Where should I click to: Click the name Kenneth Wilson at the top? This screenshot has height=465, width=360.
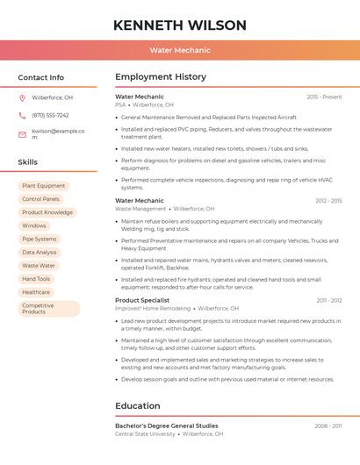(x=179, y=25)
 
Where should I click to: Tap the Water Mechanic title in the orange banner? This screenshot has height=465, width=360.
(x=179, y=51)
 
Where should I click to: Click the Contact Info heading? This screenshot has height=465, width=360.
(x=40, y=77)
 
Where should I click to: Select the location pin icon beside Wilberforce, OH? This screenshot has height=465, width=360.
(x=22, y=97)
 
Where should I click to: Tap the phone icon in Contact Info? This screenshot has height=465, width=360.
(x=22, y=115)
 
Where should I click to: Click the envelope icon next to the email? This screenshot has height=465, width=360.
(x=22, y=134)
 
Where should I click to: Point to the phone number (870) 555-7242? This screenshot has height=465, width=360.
(x=50, y=115)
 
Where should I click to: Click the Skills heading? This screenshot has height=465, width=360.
(x=28, y=161)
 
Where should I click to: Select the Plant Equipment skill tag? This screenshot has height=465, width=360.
(x=43, y=186)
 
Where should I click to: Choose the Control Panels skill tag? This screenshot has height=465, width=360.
(x=40, y=199)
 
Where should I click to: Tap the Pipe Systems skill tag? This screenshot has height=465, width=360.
(x=40, y=239)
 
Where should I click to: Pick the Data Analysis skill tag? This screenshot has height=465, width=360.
(x=40, y=252)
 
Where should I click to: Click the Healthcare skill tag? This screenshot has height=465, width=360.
(x=36, y=292)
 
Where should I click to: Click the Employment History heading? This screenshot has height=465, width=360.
(x=161, y=77)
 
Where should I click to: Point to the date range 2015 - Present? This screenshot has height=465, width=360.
(x=324, y=97)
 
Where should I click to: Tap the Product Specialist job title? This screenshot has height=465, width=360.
(x=142, y=300)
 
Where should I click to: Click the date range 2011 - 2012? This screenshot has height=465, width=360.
(x=329, y=300)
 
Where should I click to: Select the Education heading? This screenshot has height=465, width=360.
(x=138, y=405)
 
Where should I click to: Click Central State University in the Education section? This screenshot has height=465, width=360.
(x=145, y=433)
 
